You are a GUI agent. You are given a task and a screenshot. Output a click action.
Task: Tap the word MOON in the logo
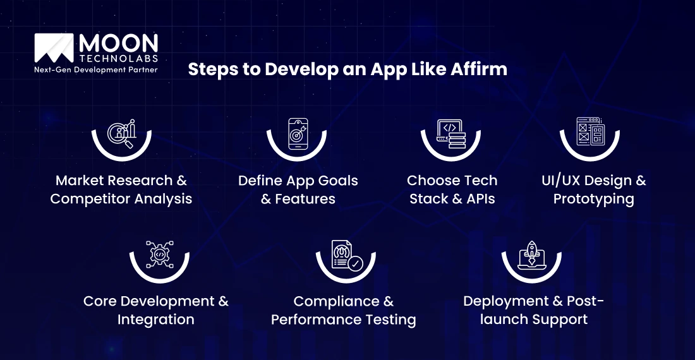coord(118,44)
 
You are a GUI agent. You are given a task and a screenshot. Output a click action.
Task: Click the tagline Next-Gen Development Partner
coord(96,69)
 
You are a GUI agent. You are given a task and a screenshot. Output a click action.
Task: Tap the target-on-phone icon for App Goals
coord(298,133)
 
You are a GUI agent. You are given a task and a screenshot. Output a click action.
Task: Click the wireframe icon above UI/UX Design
coord(590,133)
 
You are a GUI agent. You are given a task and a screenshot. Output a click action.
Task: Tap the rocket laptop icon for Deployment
coord(531,255)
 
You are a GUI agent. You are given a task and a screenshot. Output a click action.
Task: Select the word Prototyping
coord(593,199)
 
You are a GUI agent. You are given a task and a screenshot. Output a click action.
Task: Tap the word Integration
coord(155,320)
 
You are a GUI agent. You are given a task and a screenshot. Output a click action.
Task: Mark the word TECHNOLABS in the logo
coord(118,58)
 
